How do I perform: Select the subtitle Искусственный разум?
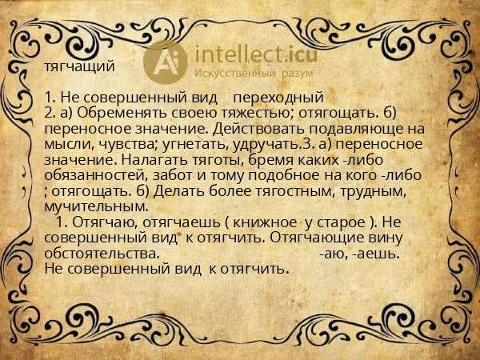[x=247, y=73]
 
